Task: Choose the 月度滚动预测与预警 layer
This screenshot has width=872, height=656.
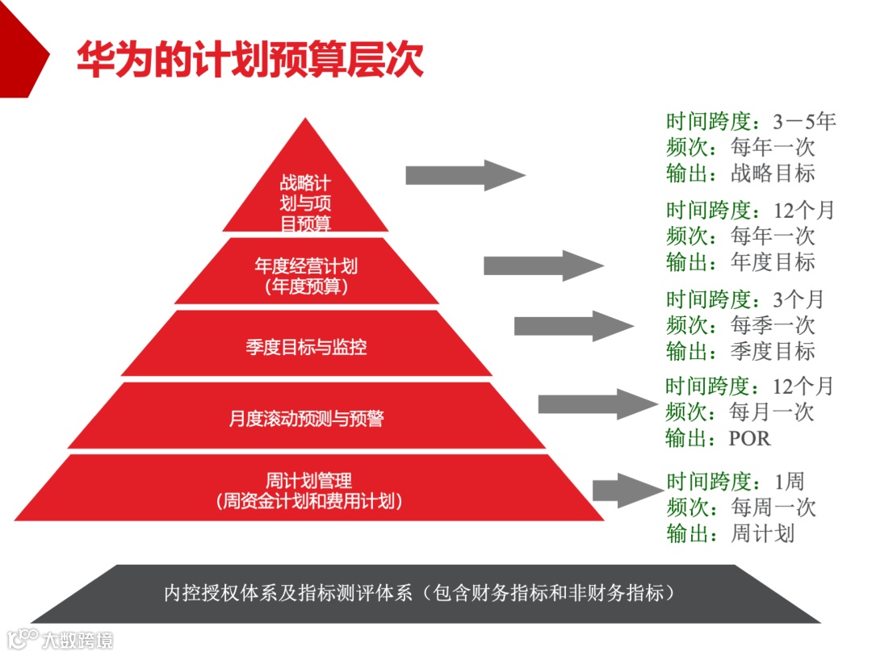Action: pos(305,417)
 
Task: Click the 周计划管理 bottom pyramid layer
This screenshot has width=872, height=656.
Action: pos(308,490)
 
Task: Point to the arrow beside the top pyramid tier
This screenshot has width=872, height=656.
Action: pos(464,175)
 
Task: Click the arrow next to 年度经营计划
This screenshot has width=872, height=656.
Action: pos(543,265)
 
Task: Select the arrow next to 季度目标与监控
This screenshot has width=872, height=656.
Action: pos(573,325)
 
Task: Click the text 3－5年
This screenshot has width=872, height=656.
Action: pos(804,122)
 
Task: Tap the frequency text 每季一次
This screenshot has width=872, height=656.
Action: pos(773,325)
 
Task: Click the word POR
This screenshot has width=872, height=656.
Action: pos(750,438)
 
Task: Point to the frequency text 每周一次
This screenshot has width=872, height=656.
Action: pos(773,508)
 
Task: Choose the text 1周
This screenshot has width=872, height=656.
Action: pos(789,482)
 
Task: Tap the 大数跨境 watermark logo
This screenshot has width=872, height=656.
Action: pos(61,639)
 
